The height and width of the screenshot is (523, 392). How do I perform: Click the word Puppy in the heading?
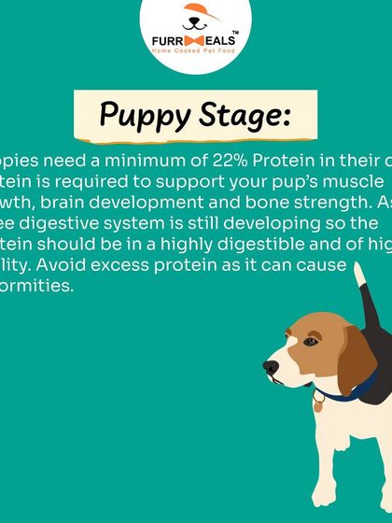(x=143, y=116)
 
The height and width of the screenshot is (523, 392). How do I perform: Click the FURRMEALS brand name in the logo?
(x=195, y=40)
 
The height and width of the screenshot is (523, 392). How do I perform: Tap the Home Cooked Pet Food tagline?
(x=195, y=52)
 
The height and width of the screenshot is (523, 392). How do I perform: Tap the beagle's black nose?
(x=271, y=368)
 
